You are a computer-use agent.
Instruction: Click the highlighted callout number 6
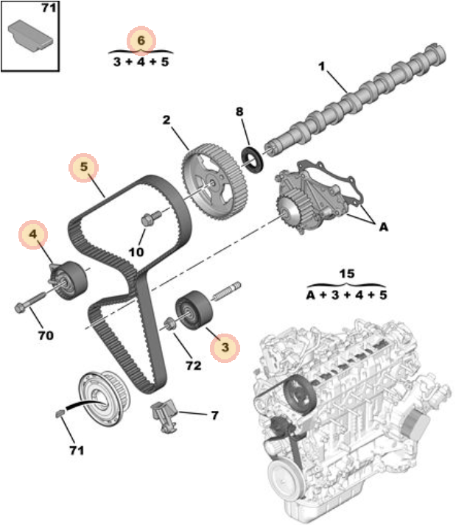[x=141, y=40]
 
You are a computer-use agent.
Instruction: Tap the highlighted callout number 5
[x=83, y=167]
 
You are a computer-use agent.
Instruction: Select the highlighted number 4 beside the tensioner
[x=33, y=234]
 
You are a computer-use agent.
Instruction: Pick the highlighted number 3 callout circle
[x=225, y=348]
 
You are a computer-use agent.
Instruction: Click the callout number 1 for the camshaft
[x=322, y=66]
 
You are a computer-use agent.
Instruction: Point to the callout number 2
[x=166, y=120]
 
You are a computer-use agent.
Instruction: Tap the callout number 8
[x=239, y=111]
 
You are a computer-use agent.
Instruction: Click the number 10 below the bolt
[x=136, y=252]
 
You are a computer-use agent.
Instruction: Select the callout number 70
[x=46, y=335]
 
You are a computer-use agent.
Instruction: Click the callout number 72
[x=194, y=365]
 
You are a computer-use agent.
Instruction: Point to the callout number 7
[x=214, y=415]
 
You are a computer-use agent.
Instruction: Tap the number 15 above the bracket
[x=347, y=274]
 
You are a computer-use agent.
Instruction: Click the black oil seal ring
[x=253, y=160]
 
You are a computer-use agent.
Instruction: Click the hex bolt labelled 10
[x=150, y=218]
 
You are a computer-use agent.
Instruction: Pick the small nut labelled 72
[x=169, y=325]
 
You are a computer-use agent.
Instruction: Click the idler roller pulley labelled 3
[x=194, y=311]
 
